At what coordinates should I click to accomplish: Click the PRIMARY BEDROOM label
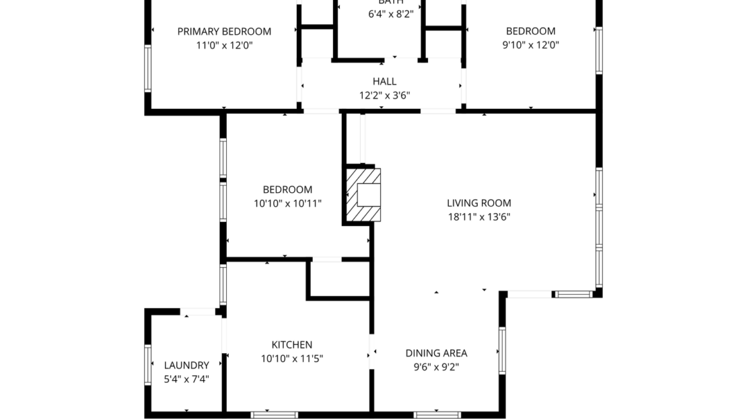tap(224, 31)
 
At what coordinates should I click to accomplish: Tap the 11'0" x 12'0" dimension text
tap(224, 46)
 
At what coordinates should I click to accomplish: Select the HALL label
tap(384, 81)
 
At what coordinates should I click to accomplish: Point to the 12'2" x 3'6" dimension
tap(384, 96)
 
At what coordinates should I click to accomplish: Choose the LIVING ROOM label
tap(478, 202)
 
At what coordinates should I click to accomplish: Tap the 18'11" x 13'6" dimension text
tap(478, 217)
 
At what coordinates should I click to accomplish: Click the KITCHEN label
tap(291, 344)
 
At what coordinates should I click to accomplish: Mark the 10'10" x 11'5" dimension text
tap(291, 359)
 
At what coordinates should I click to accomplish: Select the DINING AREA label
tap(436, 352)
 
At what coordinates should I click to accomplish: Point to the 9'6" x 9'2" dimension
tap(436, 367)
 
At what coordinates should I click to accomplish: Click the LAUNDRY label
tap(186, 365)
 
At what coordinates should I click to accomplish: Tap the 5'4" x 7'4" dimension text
tap(186, 379)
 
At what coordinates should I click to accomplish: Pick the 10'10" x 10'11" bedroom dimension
tap(287, 204)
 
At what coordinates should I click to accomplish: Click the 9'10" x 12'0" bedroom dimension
tap(530, 46)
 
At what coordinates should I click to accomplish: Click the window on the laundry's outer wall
tap(148, 365)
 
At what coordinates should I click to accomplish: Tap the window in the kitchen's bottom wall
tap(274, 414)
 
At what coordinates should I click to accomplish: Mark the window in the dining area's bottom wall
tap(437, 414)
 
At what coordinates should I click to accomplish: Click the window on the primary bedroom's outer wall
tap(148, 68)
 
